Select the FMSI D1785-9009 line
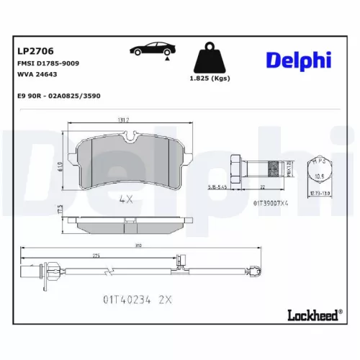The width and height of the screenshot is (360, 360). click(x=48, y=63)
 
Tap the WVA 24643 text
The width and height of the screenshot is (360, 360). click(x=37, y=73)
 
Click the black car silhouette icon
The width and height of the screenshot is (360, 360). click(x=153, y=50)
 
